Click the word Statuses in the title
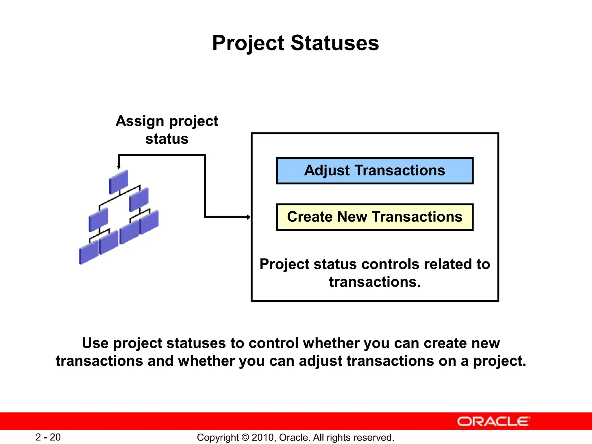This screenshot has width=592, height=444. tap(334, 43)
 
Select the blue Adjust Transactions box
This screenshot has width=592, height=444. tap(375, 171)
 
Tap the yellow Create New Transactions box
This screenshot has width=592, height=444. tap(375, 217)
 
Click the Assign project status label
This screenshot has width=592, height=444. tap(167, 130)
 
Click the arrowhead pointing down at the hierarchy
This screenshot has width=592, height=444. tap(119, 167)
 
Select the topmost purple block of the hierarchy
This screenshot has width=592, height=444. tap(119, 182)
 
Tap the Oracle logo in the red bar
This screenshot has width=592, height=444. tap(493, 421)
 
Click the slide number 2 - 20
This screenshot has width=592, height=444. tap(48, 437)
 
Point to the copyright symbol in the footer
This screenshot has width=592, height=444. tap(245, 437)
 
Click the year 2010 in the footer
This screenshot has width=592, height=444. tap(261, 437)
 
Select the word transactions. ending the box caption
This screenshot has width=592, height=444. tap(375, 282)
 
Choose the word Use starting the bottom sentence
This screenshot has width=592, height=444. tap(95, 343)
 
